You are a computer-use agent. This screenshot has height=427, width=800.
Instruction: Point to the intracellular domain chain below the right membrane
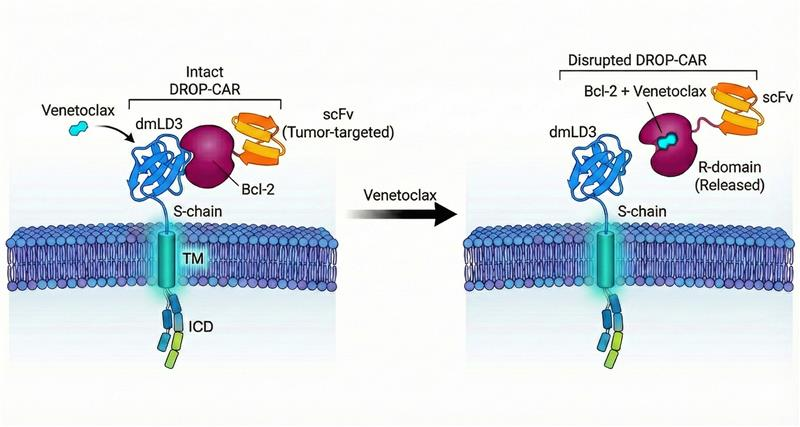(x=609, y=330)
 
